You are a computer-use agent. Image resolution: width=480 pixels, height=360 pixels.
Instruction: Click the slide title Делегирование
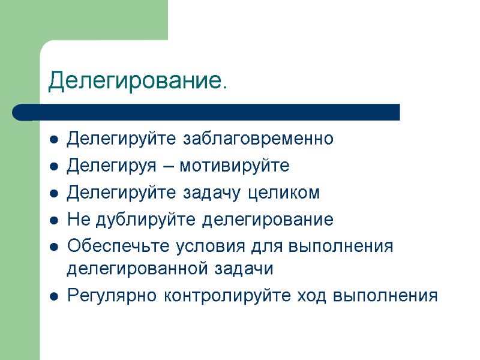(x=137, y=80)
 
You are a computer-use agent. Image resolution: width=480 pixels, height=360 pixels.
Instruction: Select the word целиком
(x=284, y=193)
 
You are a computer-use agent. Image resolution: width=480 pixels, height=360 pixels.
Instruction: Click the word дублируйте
(x=143, y=220)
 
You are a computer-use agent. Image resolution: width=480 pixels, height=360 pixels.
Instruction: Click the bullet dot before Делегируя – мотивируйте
(x=54, y=167)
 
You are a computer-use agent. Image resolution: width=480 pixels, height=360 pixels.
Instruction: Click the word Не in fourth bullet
(x=76, y=220)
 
